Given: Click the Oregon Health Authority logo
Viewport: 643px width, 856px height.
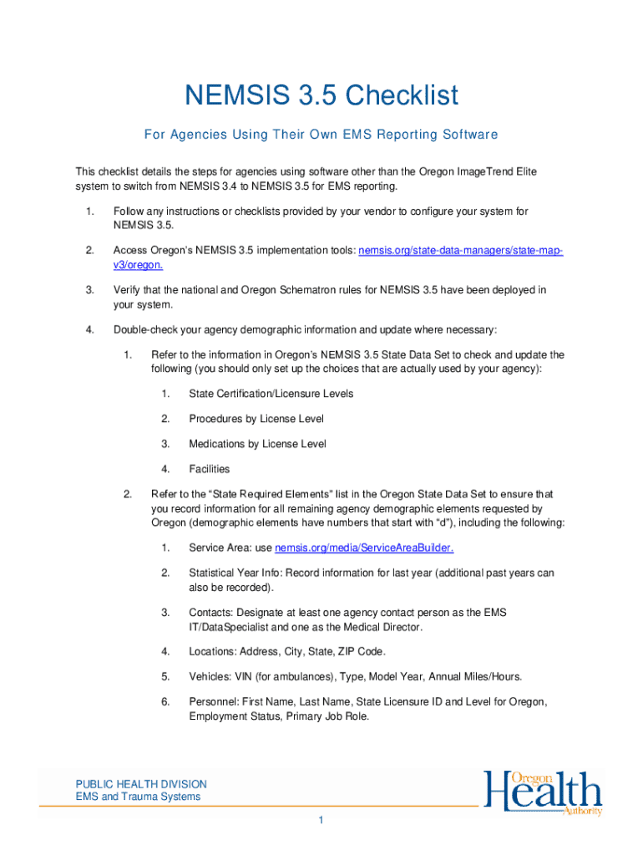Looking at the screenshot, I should tap(543, 793).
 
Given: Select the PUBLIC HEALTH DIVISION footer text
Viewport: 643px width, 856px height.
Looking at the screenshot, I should tap(141, 784).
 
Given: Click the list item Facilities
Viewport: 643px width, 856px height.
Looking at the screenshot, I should tap(209, 469).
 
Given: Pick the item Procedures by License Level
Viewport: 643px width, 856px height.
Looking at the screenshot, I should tap(256, 419).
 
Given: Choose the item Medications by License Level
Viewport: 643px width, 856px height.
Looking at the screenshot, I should tap(257, 444).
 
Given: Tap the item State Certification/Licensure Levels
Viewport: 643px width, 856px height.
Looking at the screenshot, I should tap(271, 394).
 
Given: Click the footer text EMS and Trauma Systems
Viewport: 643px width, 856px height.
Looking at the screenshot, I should tap(138, 797).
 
